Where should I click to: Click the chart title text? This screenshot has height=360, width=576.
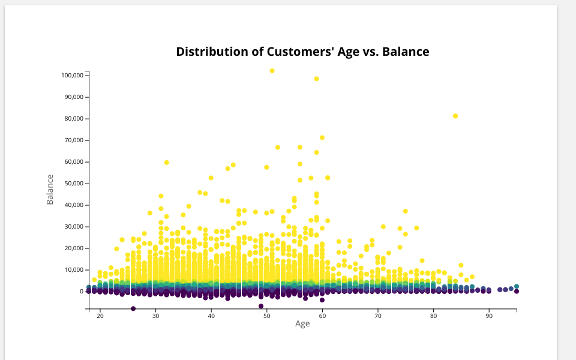click(x=302, y=52)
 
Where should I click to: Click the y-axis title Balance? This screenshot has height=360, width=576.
click(x=50, y=190)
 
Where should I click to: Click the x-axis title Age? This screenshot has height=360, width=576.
click(x=302, y=324)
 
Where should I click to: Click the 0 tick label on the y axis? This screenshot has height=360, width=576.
click(x=81, y=292)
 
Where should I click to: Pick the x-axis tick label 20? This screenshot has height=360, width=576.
click(x=100, y=316)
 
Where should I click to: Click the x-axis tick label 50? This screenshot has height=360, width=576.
click(x=267, y=316)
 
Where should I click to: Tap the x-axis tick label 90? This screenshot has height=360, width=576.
click(x=489, y=316)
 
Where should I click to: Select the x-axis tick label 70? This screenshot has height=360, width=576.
click(x=378, y=316)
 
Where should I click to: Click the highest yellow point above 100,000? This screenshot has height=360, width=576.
click(x=272, y=71)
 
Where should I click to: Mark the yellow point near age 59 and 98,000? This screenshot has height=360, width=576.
click(x=317, y=79)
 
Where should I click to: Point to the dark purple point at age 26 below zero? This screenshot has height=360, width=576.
click(x=133, y=308)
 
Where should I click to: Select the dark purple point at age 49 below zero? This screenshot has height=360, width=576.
click(x=261, y=306)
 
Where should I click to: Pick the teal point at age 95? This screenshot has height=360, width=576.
click(x=517, y=287)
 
